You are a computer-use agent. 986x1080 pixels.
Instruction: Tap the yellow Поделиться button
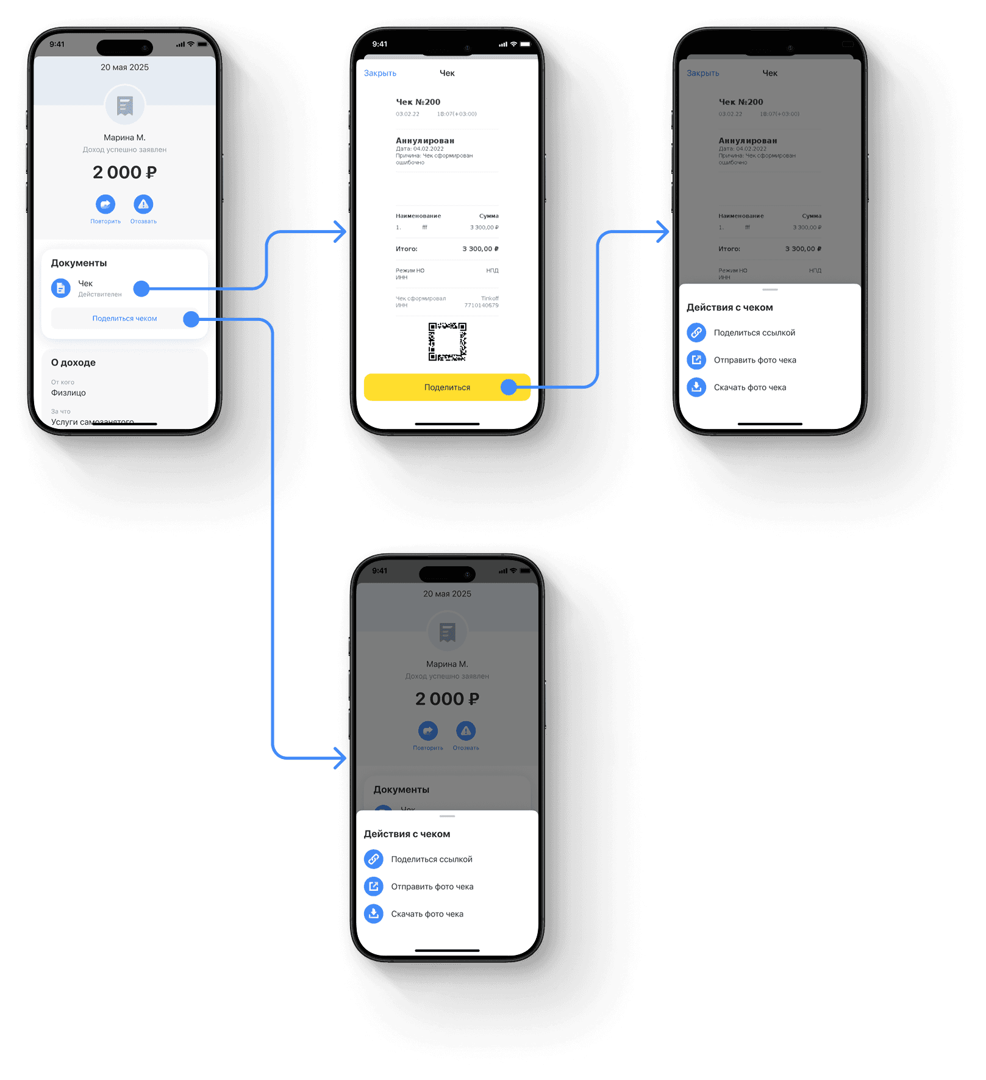tap(447, 387)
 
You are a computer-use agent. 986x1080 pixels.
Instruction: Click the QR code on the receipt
tap(447, 342)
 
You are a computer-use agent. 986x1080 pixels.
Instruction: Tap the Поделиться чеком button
tap(124, 319)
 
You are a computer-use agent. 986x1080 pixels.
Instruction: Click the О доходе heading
tap(73, 362)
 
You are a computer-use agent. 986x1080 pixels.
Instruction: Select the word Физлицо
tap(68, 393)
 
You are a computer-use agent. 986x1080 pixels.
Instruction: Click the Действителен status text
tap(100, 295)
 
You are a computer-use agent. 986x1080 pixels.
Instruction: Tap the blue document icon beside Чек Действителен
tap(60, 288)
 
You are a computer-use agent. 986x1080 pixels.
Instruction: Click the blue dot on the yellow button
tap(509, 387)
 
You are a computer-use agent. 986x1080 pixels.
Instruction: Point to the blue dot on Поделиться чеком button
tap(191, 319)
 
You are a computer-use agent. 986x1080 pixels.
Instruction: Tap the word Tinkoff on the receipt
tap(490, 298)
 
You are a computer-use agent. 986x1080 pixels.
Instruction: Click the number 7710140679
tap(481, 306)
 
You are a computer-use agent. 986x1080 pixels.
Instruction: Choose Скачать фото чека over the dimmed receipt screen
tap(749, 387)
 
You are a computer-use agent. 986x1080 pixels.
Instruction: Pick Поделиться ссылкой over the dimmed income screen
tap(431, 859)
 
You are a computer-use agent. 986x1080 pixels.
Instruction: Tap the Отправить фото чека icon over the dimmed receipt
tap(696, 360)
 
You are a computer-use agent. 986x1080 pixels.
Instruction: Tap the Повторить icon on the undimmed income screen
tap(105, 204)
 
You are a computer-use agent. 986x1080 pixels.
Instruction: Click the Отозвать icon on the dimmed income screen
tap(466, 731)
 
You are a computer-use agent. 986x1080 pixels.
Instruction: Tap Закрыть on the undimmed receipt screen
tap(380, 73)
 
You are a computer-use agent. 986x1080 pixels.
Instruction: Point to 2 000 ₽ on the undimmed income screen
tap(124, 173)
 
